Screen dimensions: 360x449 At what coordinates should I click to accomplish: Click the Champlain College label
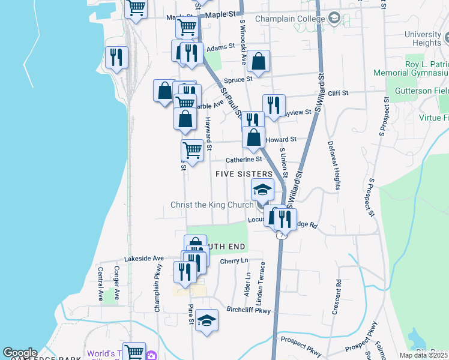point(290,19)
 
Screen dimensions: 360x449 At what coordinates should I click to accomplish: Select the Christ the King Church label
point(212,205)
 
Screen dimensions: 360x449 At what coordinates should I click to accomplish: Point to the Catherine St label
point(244,160)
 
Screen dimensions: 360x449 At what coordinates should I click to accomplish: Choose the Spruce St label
point(238,79)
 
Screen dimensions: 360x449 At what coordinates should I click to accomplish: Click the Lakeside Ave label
point(144,258)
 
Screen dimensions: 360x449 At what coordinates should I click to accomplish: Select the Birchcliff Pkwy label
point(249,310)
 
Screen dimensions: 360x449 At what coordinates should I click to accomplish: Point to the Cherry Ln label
point(234,261)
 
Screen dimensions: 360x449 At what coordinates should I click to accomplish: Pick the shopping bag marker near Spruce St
point(258,62)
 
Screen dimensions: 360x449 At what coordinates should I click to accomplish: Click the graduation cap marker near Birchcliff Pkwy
point(206,320)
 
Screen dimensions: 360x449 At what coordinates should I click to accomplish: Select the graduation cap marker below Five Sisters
point(262,190)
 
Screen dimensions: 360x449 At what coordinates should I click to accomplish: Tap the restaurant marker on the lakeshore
point(116,58)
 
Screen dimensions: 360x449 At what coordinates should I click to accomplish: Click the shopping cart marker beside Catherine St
point(192,151)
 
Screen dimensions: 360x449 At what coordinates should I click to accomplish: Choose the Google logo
point(20,353)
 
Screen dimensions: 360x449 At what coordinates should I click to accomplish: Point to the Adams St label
point(220,47)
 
